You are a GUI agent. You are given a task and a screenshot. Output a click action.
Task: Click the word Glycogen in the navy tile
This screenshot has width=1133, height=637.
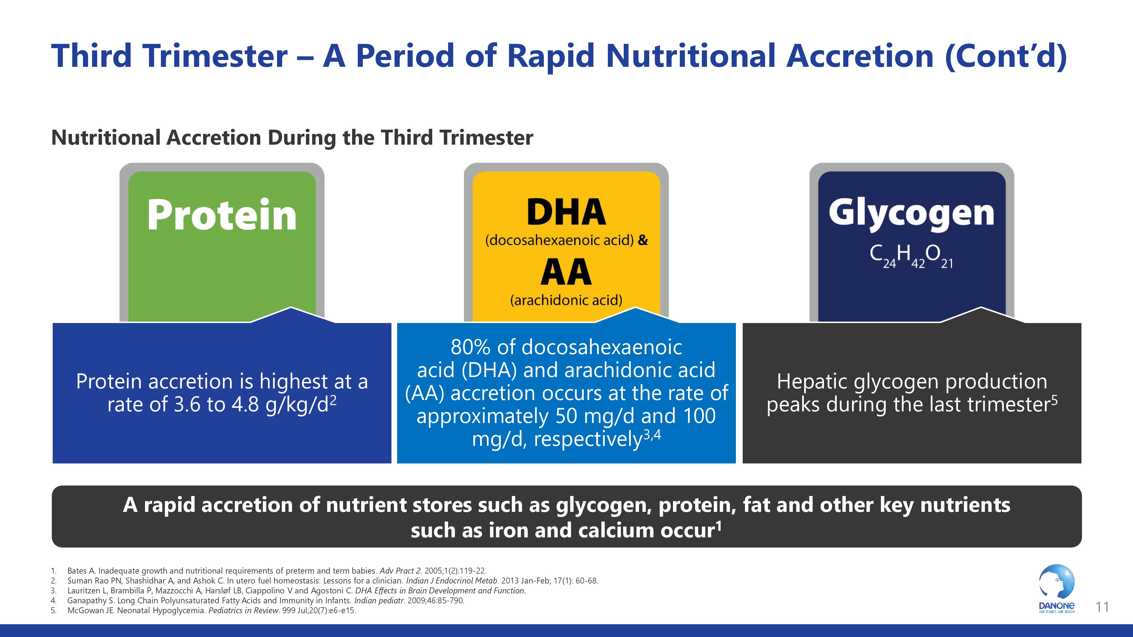point(911,214)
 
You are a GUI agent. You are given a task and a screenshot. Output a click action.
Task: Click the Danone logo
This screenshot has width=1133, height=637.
point(1057,589)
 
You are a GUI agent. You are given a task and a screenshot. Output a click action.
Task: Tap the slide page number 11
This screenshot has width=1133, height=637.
point(1102,607)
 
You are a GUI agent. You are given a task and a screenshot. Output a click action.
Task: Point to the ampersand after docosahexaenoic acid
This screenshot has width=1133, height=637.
point(643,240)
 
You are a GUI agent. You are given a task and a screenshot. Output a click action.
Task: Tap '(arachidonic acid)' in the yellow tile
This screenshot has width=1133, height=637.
point(566,300)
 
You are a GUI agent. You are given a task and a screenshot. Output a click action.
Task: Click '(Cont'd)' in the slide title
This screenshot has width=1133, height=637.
point(1006,57)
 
